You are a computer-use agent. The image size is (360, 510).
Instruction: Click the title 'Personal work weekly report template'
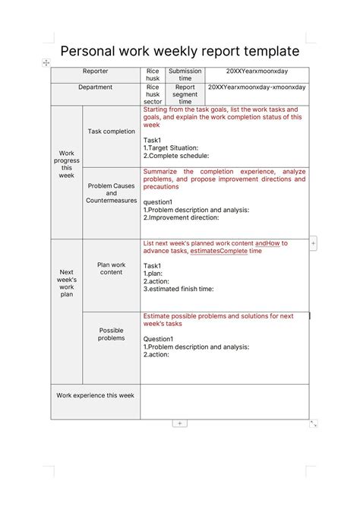pos(179,51)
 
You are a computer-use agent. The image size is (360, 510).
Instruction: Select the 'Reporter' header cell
pos(96,71)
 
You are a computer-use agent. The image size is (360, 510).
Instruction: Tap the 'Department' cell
pos(96,87)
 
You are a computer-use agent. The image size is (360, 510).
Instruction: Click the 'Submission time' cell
pos(185,75)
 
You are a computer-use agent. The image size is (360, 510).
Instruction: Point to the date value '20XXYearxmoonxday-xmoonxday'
pos(257,87)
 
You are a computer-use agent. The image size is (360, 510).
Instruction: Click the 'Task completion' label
pos(112,131)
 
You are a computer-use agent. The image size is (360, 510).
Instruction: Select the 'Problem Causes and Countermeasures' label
pos(112,193)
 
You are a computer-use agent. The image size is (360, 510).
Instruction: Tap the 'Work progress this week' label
pos(67,164)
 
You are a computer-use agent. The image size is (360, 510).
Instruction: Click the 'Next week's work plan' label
pos(67,283)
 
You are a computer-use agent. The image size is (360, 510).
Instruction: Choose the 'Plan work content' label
pos(112,268)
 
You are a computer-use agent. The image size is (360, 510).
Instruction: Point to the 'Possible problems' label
pos(112,334)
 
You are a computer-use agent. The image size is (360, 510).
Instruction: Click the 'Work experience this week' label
pos(96,396)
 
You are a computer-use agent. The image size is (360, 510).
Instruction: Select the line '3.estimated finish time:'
pos(178,289)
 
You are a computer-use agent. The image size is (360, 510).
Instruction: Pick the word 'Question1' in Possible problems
pos(159,339)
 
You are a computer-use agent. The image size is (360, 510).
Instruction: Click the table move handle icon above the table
pos(46,62)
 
